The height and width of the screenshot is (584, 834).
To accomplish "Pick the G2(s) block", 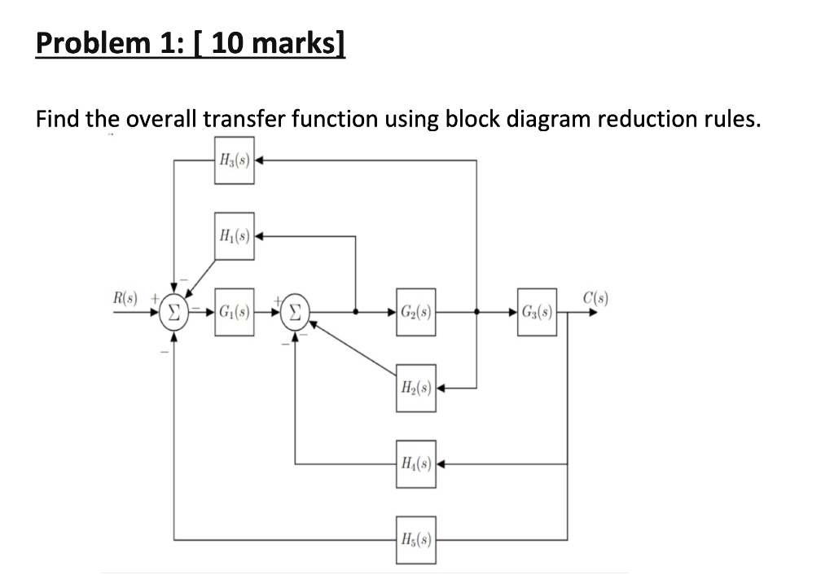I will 415,311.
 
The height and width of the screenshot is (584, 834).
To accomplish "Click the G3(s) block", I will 537,311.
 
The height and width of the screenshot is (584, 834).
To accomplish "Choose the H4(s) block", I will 415,464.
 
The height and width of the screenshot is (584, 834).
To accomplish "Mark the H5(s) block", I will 415,539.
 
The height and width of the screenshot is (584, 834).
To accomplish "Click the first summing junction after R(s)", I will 173,311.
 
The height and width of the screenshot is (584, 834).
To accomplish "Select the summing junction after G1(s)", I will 295,311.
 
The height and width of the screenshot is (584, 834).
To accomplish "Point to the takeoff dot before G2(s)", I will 356,311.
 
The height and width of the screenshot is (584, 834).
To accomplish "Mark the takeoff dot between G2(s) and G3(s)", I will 476,311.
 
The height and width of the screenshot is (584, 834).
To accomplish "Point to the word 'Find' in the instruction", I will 57,121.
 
